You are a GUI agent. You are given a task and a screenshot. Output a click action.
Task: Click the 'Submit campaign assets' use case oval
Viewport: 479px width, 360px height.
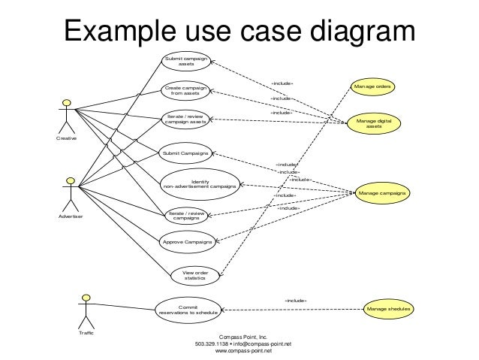pos(186,62)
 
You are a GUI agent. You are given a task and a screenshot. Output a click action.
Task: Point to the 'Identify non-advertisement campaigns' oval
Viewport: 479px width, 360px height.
pos(200,183)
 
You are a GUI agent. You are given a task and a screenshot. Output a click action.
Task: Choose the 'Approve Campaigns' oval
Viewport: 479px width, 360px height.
pos(187,242)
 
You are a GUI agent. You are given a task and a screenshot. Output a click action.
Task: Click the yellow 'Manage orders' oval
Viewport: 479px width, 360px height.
pos(373,88)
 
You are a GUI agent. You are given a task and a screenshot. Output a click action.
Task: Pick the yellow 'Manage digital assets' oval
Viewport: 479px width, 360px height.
pos(373,123)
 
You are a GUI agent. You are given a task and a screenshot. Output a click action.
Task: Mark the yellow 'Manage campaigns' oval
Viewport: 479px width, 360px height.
pos(383,193)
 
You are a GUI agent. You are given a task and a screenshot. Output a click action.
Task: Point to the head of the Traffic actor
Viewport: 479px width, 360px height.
pos(87,298)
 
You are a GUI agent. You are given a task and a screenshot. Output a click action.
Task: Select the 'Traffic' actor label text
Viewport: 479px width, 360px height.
pos(86,331)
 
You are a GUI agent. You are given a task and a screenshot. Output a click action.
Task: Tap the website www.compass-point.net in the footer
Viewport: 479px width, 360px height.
pos(242,351)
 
